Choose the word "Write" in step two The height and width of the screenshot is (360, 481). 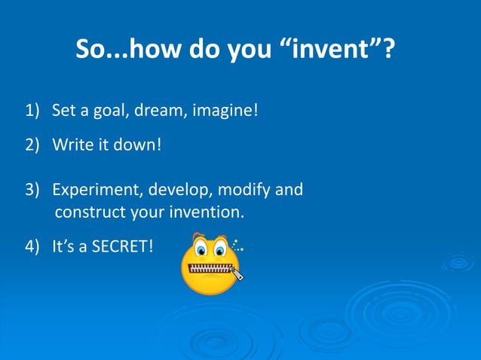[70, 143]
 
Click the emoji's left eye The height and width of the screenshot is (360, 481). [201, 248]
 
